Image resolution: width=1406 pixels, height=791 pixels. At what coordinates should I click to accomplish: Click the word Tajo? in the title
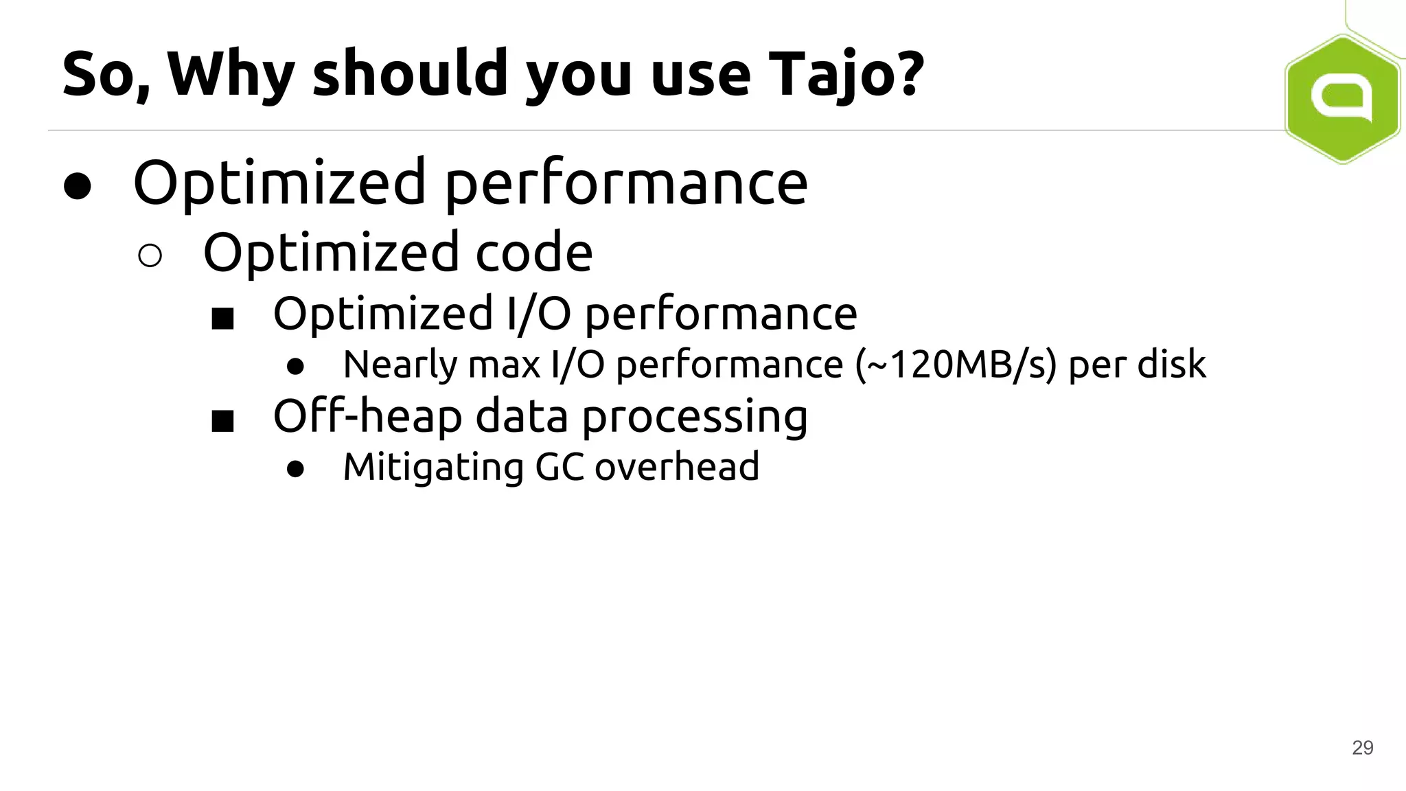coord(846,74)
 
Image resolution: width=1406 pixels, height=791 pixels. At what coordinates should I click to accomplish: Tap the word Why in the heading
coord(231,74)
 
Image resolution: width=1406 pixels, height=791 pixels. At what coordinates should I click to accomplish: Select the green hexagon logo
coord(1342,98)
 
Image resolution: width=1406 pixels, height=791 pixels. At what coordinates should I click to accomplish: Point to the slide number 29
coord(1362,748)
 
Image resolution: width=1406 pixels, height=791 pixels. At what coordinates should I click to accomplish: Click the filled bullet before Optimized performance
coord(78,185)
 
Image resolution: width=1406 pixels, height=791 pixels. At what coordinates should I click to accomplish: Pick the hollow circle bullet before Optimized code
coord(150,255)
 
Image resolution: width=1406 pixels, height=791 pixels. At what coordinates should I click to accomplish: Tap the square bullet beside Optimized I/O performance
coord(222,318)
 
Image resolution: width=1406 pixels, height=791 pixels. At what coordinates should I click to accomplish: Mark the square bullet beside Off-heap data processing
coord(222,421)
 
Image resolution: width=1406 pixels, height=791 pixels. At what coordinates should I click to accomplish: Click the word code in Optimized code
coord(533,253)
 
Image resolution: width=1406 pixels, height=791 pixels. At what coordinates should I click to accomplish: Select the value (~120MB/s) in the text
coord(955,364)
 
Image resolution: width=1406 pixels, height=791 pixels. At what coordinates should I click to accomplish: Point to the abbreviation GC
coord(559,467)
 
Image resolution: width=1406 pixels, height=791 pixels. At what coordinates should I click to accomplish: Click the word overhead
coord(676,467)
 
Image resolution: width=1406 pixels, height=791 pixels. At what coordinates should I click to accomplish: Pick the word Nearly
coord(400,365)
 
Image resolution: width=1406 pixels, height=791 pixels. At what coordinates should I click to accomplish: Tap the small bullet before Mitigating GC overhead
coord(295,469)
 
